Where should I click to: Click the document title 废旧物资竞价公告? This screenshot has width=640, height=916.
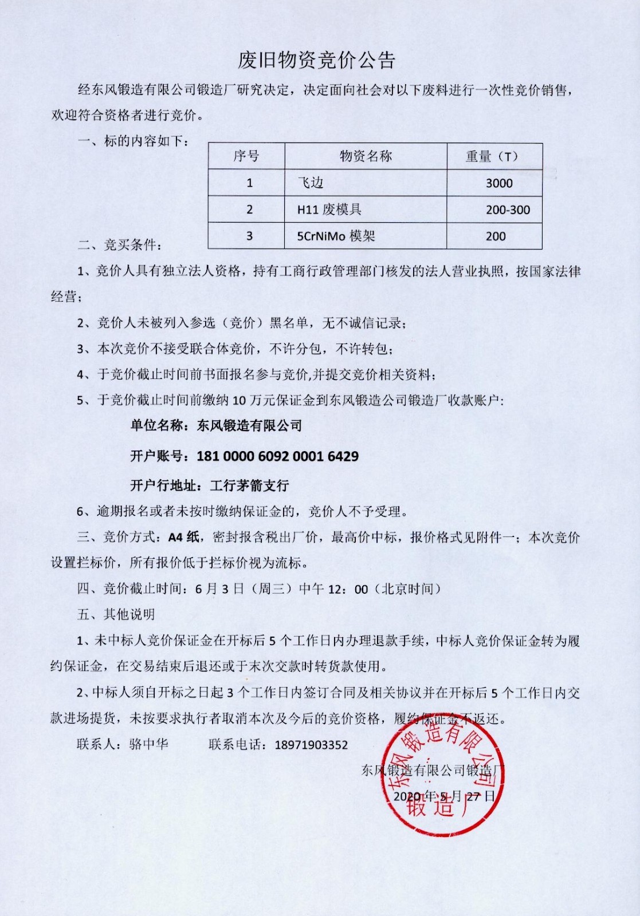[316, 60]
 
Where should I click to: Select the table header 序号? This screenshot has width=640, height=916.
[246, 156]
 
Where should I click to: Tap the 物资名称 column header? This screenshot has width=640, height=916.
[366, 156]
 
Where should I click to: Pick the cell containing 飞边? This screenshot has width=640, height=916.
[311, 183]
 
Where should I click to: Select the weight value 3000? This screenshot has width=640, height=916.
[499, 183]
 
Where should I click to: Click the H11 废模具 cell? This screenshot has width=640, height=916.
[329, 210]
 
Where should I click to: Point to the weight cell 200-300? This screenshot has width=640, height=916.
[508, 210]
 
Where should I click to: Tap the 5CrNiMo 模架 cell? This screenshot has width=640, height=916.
[336, 236]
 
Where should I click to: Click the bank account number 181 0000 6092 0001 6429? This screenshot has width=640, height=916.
[277, 456]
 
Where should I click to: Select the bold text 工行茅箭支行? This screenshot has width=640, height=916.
[249, 486]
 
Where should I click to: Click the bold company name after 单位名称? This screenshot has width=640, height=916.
[249, 425]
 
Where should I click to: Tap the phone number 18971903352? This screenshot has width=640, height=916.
[311, 745]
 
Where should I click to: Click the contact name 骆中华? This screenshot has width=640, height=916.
[148, 744]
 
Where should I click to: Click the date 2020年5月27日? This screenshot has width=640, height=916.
[443, 796]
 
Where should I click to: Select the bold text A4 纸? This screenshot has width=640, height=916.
[183, 537]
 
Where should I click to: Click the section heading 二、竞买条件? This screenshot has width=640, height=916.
[120, 245]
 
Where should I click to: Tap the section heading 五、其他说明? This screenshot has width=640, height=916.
[116, 614]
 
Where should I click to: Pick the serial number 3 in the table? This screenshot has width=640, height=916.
[249, 236]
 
